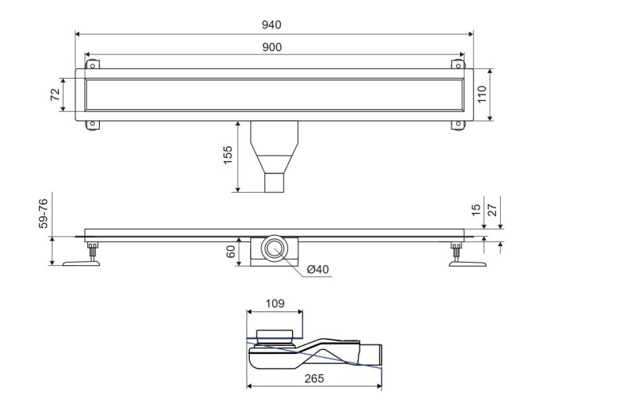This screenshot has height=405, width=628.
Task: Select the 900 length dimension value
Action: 272,47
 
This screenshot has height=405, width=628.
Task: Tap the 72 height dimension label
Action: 54,95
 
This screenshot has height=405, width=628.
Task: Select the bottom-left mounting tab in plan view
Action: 92,124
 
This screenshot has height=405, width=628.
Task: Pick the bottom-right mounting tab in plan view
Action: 455,124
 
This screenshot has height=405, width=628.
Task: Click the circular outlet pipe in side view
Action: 275,251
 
